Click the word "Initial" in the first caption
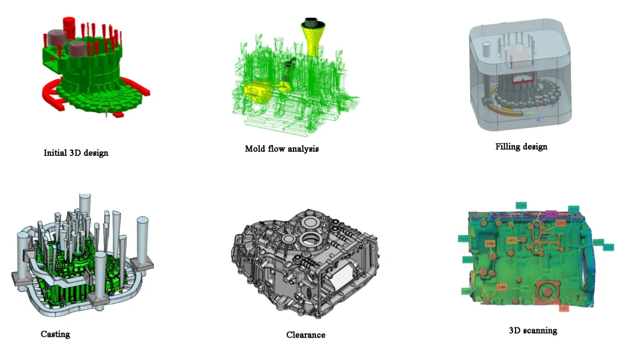click(x=55, y=153)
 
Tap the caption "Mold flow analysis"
click(x=282, y=149)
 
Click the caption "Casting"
click(x=55, y=334)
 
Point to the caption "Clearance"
click(x=305, y=335)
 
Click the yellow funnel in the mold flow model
click(x=312, y=35)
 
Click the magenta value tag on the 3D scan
click(x=551, y=213)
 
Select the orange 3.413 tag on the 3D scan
click(x=560, y=223)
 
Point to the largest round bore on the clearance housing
click(x=309, y=240)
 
